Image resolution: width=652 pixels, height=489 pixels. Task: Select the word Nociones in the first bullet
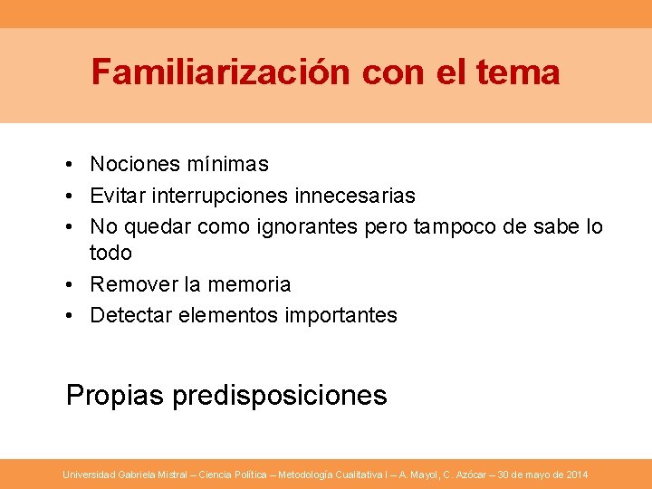pyautogui.click(x=135, y=165)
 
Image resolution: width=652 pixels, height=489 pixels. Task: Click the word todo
pyautogui.click(x=110, y=253)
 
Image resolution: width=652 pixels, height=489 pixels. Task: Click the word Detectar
pyautogui.click(x=129, y=315)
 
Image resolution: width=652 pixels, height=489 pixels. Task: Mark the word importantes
pyautogui.click(x=340, y=315)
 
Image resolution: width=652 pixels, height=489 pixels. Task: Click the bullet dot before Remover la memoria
pyautogui.click(x=70, y=284)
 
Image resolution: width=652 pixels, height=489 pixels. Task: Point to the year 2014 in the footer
pyautogui.click(x=576, y=475)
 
